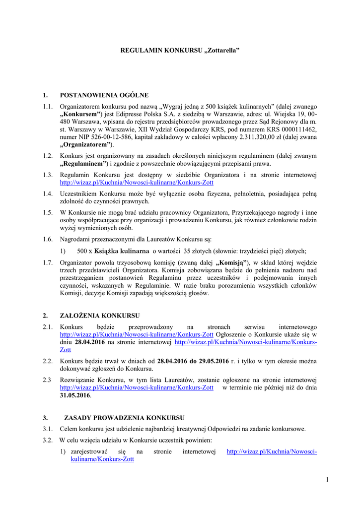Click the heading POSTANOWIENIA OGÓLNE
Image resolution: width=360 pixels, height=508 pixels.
tap(104, 95)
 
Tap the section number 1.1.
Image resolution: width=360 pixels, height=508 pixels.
tap(48, 107)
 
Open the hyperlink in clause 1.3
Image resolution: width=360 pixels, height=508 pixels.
tap(137, 183)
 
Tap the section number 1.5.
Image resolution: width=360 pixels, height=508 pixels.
tap(48, 213)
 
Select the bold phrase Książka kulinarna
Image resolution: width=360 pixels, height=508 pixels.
tap(122, 251)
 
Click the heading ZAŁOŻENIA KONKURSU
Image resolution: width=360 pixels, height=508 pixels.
tap(100, 316)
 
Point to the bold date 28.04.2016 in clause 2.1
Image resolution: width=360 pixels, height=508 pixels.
tap(90, 342)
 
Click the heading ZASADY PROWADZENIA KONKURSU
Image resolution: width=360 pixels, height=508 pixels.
tap(124, 418)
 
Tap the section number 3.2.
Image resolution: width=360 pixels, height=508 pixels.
tap(48, 440)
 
